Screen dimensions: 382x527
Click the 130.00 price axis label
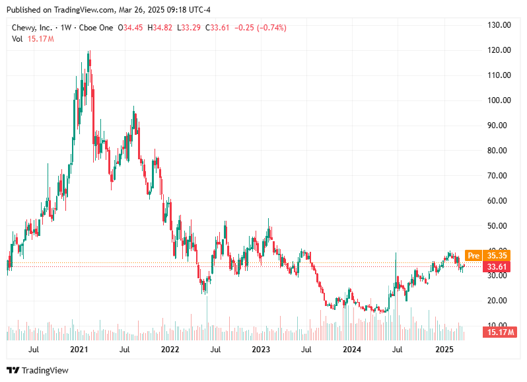coord(499,25)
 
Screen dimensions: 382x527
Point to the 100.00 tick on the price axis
coord(499,100)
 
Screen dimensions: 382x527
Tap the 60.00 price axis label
coord(499,201)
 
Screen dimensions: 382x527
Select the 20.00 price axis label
coord(499,301)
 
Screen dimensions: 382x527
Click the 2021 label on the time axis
coord(79,349)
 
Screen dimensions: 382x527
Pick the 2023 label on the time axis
coord(261,349)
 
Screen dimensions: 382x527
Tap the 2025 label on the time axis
coord(443,349)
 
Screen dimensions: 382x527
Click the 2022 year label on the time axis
coord(170,349)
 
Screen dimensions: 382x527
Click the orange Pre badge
coord(473,255)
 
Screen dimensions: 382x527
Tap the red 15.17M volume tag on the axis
coord(499,332)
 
